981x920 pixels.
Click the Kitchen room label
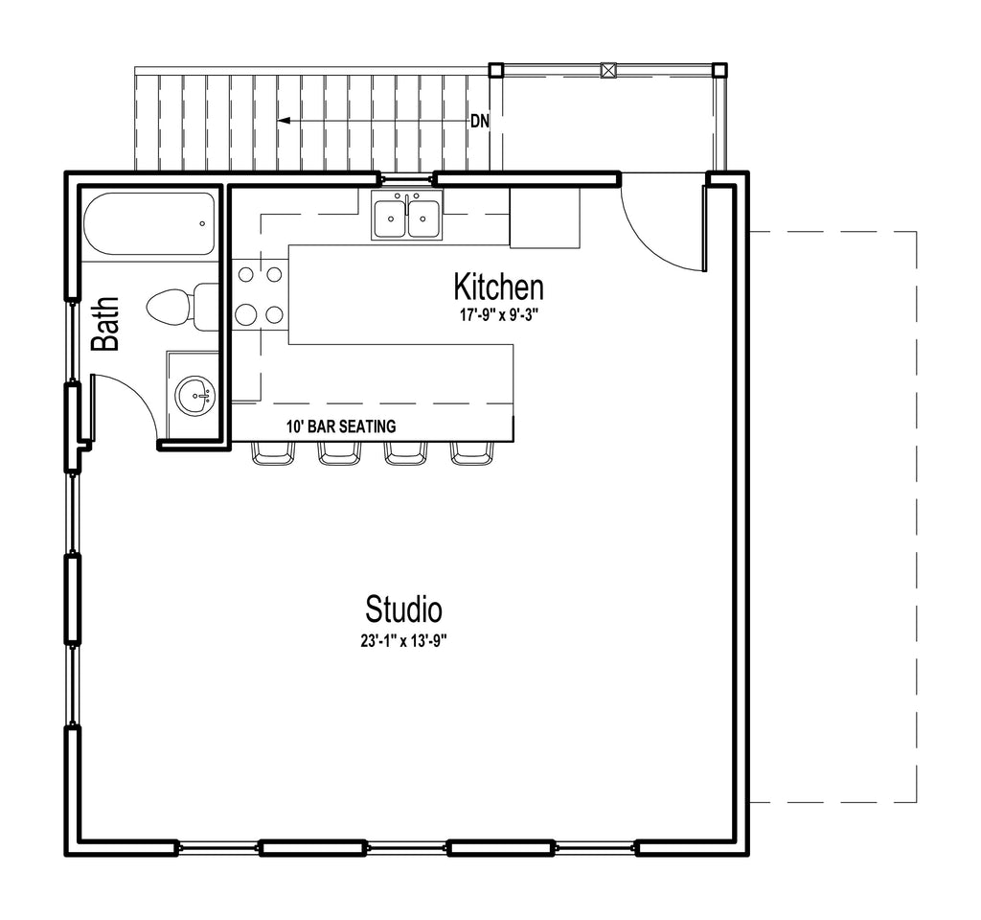[498, 287]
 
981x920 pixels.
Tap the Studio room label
[403, 609]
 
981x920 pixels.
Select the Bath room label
[104, 324]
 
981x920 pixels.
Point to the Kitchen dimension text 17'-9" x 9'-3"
[499, 315]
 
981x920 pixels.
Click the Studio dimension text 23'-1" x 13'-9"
[403, 641]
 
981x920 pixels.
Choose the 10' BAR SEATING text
[341, 426]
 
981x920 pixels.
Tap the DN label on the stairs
[480, 122]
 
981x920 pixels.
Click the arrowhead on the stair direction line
[284, 121]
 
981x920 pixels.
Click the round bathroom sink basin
[194, 396]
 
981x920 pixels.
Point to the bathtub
[148, 224]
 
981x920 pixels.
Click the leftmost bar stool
[273, 453]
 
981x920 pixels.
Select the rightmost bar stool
[473, 453]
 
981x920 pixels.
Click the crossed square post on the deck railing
[608, 69]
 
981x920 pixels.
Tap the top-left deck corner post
[495, 69]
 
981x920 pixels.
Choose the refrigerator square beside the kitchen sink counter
[544, 218]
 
